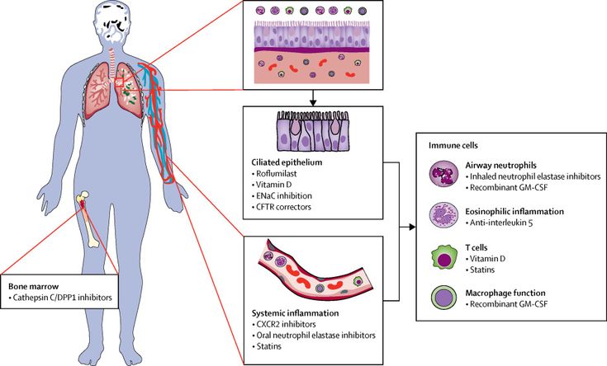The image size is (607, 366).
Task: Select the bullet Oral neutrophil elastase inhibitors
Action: [315, 337]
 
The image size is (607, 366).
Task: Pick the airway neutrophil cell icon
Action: [444, 175]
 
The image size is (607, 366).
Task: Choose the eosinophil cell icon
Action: [445, 216]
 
